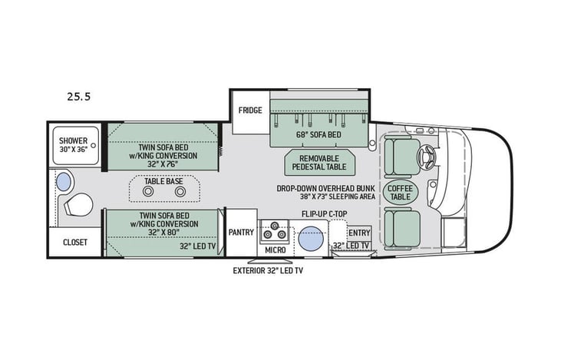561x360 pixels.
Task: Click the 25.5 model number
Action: click(x=78, y=97)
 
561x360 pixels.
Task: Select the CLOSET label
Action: click(x=74, y=242)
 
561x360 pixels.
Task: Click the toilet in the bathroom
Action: click(x=78, y=205)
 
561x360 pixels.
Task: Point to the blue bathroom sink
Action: click(x=66, y=182)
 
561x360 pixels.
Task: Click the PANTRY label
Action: click(x=242, y=230)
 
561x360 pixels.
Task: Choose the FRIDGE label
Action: click(x=250, y=110)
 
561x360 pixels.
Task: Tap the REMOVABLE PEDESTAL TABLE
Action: click(x=317, y=162)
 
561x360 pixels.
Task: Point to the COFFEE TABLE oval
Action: click(x=400, y=192)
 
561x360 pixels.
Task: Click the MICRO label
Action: click(x=276, y=250)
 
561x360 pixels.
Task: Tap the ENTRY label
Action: click(x=359, y=233)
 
